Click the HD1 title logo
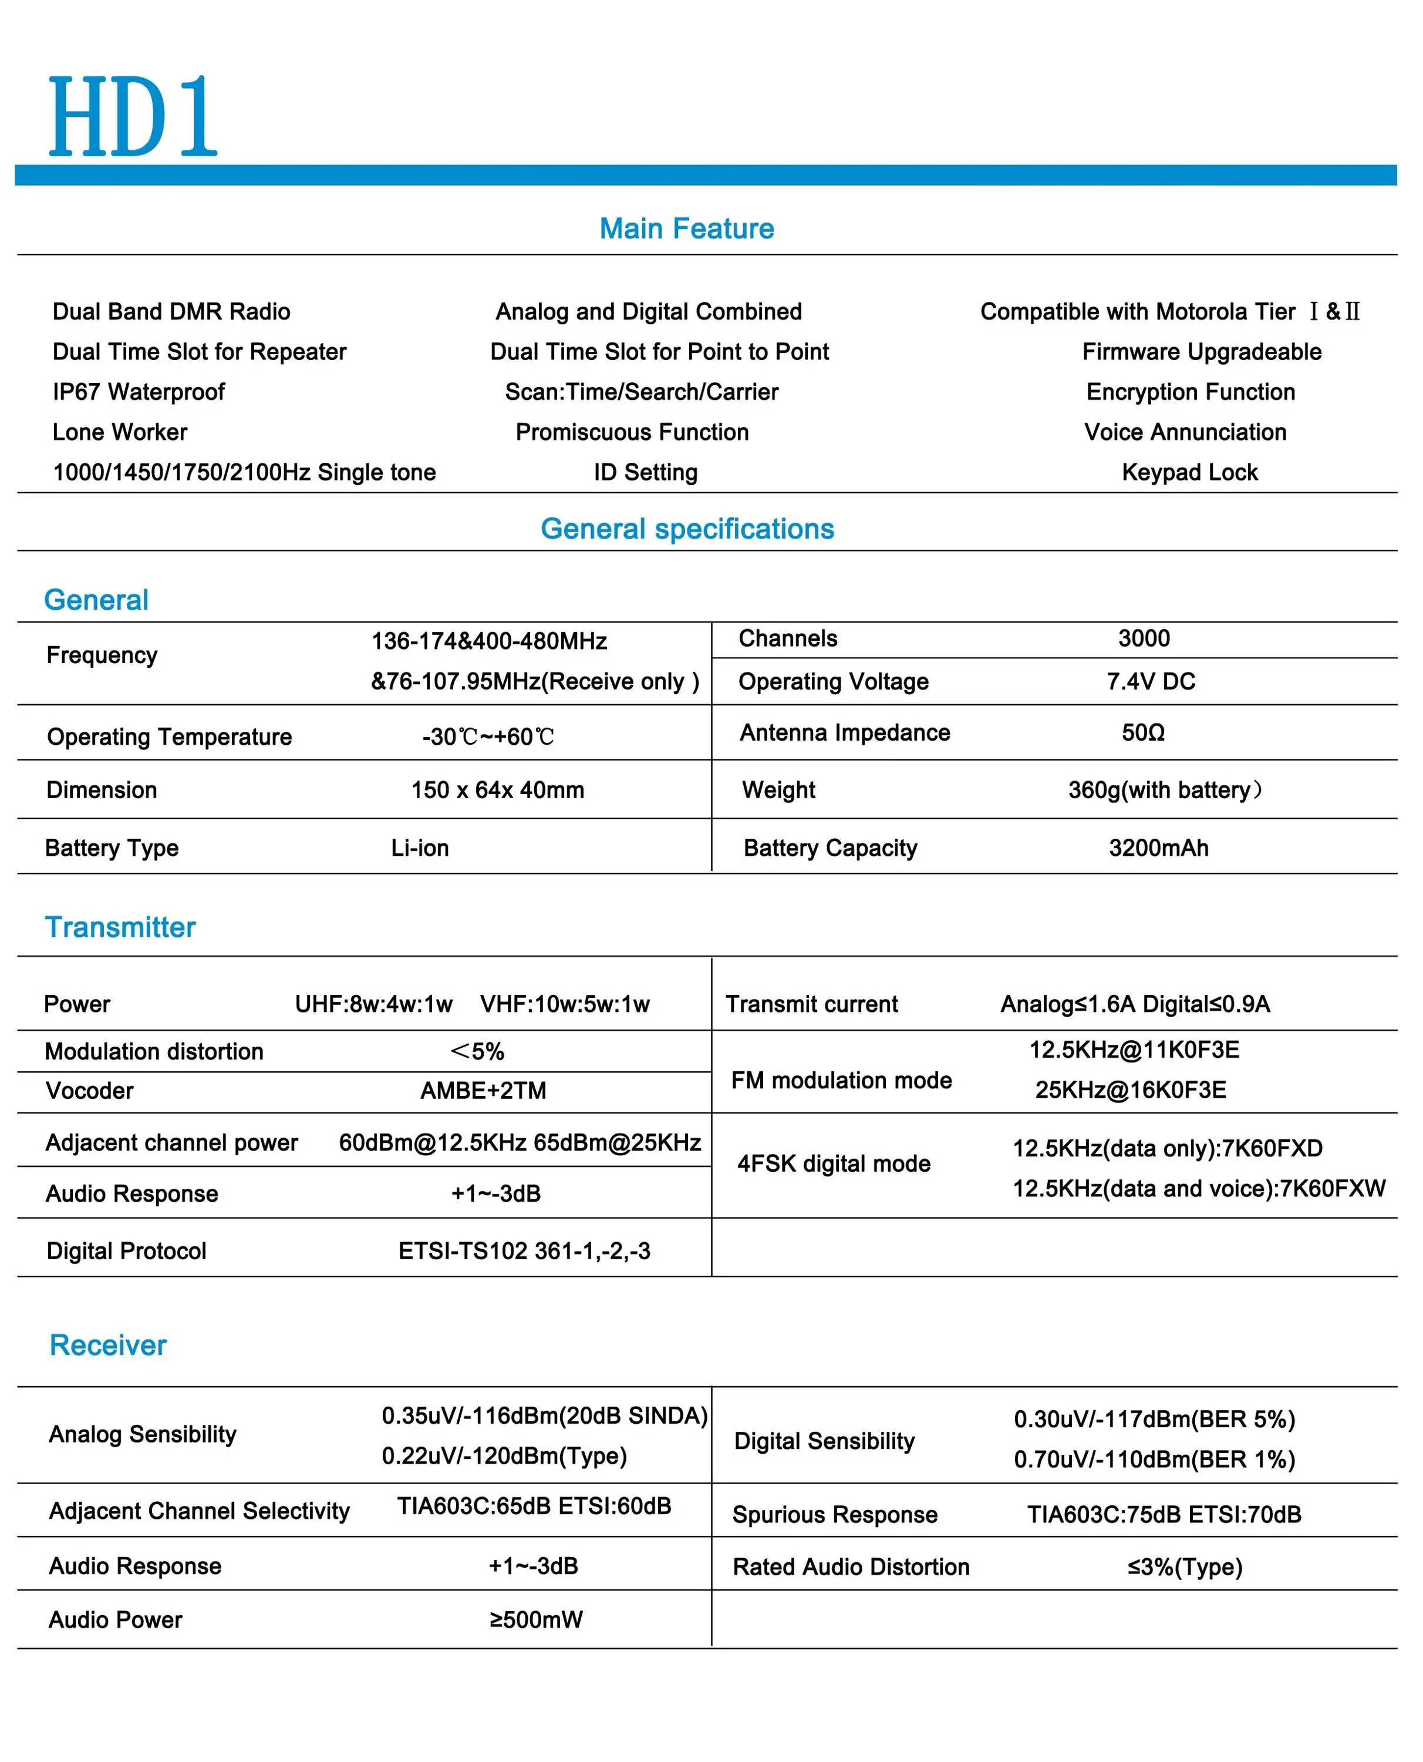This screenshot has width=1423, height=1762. point(133,116)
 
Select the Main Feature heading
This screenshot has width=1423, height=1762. point(686,228)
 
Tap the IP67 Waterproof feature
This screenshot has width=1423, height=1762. point(139,392)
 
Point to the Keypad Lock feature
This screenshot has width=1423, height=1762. point(1189,472)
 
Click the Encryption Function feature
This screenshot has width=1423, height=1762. point(1190,392)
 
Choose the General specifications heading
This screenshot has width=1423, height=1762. point(687,529)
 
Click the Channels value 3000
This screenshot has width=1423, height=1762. point(1144,638)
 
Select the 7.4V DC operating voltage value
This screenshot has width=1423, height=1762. point(1150,681)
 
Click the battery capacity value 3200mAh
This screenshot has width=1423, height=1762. point(1158,848)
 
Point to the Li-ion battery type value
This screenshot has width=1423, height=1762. point(420,848)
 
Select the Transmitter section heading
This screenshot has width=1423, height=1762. point(120,927)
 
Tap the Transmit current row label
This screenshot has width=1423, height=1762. point(811,1004)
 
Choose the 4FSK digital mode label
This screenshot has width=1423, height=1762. point(834,1164)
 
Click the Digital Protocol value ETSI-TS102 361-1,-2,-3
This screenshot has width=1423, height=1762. point(524,1250)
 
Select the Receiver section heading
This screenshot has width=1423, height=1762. point(108,1346)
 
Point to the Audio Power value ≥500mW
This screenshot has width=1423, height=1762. point(536,1619)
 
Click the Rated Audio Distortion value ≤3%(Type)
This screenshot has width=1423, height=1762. point(1185,1567)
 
